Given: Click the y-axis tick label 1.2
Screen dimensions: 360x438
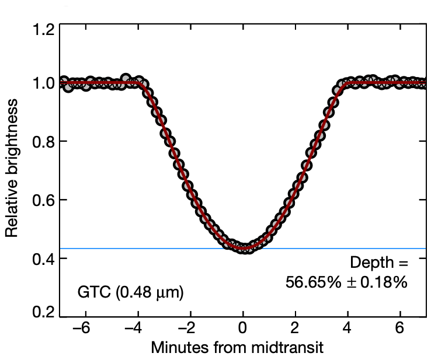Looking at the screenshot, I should (x=43, y=29).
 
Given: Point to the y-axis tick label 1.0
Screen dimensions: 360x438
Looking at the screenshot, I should (x=43, y=83).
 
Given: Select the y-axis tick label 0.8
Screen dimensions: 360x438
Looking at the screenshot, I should (x=43, y=142).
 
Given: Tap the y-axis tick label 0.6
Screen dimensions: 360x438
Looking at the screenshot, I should (x=43, y=200).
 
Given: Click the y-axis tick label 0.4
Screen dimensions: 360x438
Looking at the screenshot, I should (x=43, y=258).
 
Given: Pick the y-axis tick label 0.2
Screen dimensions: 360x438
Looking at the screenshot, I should (x=43, y=312).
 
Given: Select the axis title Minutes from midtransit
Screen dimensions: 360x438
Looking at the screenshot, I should (x=237, y=348).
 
